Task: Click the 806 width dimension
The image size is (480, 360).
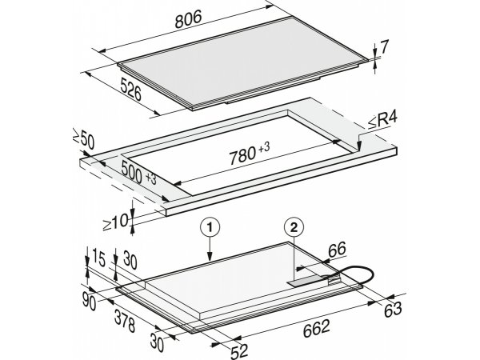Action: [x=189, y=19]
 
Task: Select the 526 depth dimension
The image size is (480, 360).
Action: [x=130, y=90]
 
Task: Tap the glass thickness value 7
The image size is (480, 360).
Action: [x=384, y=47]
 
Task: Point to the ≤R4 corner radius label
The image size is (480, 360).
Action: [x=382, y=120]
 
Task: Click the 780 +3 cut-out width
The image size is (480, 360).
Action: [x=250, y=153]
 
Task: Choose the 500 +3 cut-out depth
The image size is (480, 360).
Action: [x=138, y=173]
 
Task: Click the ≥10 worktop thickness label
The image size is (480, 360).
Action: [x=115, y=222]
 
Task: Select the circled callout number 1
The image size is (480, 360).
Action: [x=210, y=228]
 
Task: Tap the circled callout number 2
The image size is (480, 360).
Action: [x=294, y=227]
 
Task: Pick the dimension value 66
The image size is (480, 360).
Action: [x=337, y=250]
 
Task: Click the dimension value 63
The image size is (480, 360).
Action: [x=393, y=309]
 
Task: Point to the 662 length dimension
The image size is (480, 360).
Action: [x=317, y=328]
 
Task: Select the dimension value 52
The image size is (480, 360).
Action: [x=239, y=351]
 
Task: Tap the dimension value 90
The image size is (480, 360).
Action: [x=89, y=302]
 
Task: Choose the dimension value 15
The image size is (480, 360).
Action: [x=98, y=258]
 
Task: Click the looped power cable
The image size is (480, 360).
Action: [x=354, y=274]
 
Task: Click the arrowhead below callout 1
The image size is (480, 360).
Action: [x=210, y=257]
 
